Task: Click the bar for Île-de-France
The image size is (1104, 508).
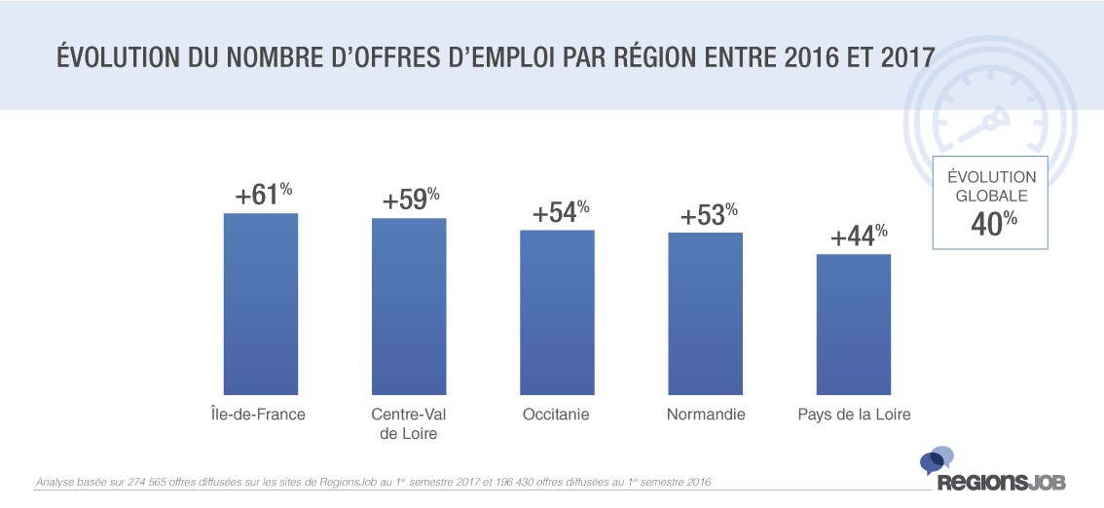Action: pos(261,303)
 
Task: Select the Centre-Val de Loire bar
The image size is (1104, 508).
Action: pos(409,305)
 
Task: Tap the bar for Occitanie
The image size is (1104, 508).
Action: pos(557,311)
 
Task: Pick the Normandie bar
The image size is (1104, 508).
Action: pos(705,312)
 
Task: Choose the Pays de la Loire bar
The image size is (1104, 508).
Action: pos(854,323)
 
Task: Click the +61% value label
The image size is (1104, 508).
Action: pos(263,196)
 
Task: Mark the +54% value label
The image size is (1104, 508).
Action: pos(560,213)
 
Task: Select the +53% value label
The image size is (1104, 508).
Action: pos(708,214)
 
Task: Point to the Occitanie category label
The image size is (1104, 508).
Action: pos(556,415)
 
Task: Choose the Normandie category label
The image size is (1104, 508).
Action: pos(706,415)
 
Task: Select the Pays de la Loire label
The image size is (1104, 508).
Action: pos(854,415)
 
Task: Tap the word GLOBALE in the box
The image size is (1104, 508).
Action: pos(994,195)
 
